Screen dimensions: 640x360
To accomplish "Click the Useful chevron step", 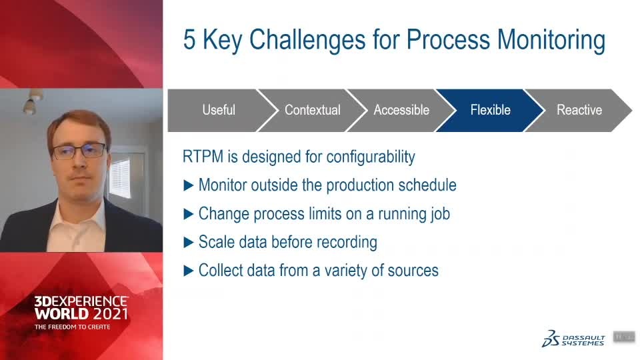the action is click(219, 110).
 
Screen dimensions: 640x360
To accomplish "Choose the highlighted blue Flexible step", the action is click(490, 110).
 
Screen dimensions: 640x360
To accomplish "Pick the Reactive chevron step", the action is click(579, 110).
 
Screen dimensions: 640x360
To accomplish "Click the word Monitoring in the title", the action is click(551, 41).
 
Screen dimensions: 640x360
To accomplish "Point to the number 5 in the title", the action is click(189, 39).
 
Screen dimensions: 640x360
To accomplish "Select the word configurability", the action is click(371, 157).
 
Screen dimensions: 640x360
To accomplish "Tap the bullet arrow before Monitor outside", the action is click(188, 186).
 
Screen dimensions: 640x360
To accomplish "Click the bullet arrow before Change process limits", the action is click(188, 214).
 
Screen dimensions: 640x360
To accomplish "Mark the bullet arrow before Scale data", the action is click(188, 243).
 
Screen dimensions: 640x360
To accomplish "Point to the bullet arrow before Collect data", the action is click(188, 271).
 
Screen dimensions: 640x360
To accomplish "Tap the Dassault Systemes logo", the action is click(573, 339).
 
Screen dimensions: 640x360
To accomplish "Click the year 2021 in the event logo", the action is click(110, 314).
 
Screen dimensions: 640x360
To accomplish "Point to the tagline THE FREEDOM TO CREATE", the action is click(72, 327).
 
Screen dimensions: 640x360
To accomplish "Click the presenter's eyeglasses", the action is click(79, 151).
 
